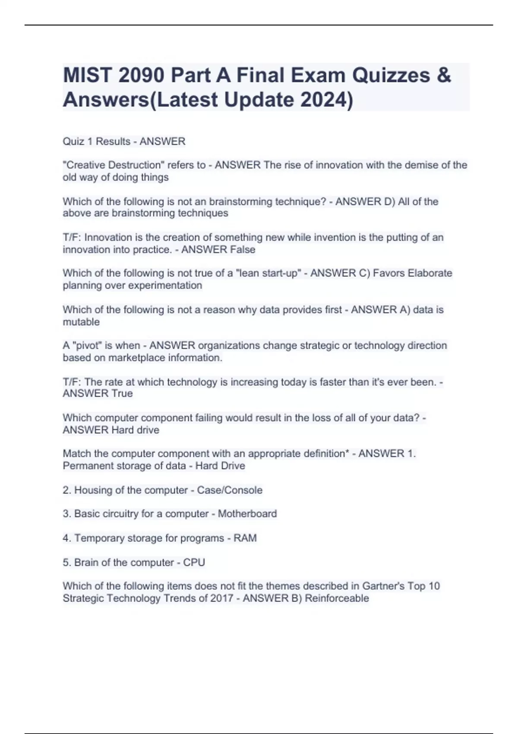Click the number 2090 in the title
click(141, 76)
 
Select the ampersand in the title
click(444, 76)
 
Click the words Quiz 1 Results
click(96, 142)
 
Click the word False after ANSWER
click(243, 250)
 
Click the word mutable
click(81, 322)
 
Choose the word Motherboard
click(247, 514)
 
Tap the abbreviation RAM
click(245, 538)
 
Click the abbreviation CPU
click(194, 563)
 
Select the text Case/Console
click(230, 490)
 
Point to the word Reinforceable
click(337, 598)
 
